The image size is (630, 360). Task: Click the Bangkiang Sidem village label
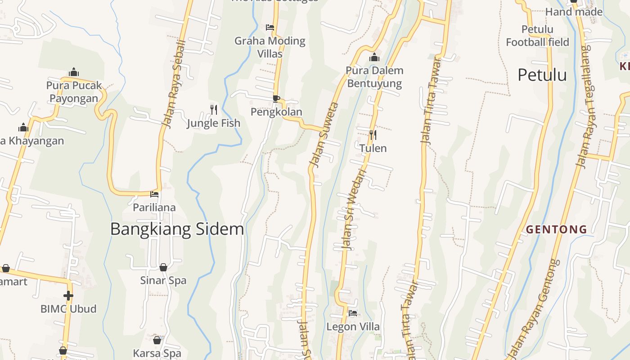(x=177, y=229)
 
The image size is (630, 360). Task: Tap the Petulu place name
(x=542, y=75)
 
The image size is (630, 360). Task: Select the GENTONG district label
(x=557, y=229)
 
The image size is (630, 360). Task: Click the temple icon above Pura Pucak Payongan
(x=74, y=72)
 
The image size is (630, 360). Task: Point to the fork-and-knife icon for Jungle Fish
(x=214, y=109)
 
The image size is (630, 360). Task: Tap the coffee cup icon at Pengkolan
(x=276, y=99)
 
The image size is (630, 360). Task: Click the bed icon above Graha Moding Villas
(x=270, y=27)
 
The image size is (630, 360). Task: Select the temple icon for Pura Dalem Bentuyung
(x=374, y=57)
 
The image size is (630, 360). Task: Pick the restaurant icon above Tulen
(x=373, y=135)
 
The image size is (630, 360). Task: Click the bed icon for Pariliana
(x=154, y=194)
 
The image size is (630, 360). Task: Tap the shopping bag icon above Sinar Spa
(x=163, y=267)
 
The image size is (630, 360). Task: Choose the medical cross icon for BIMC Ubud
(x=68, y=296)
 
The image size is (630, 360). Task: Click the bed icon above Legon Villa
(x=353, y=313)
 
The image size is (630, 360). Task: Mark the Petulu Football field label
(x=537, y=36)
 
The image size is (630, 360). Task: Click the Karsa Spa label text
(x=157, y=353)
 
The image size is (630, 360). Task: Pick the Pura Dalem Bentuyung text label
(x=374, y=77)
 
